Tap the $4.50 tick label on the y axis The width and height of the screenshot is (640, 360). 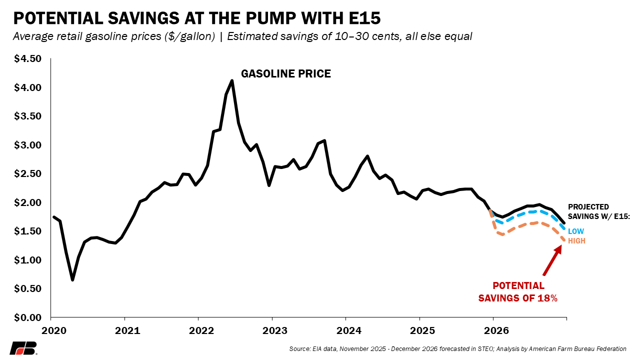[28, 59]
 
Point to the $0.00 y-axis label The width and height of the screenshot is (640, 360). [28, 317]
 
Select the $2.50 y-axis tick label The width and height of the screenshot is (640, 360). [28, 174]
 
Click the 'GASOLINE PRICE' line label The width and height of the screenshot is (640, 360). [286, 74]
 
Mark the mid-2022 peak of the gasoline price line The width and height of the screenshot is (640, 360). [232, 80]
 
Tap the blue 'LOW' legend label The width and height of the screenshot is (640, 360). [575, 231]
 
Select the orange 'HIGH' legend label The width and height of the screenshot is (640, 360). [576, 241]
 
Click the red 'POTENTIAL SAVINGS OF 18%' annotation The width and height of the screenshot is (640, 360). [518, 292]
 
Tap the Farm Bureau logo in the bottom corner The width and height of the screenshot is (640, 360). [23, 348]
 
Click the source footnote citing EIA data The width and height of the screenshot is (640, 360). [457, 348]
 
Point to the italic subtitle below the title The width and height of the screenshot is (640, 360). [242, 37]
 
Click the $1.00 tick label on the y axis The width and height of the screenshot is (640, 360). [28, 260]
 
